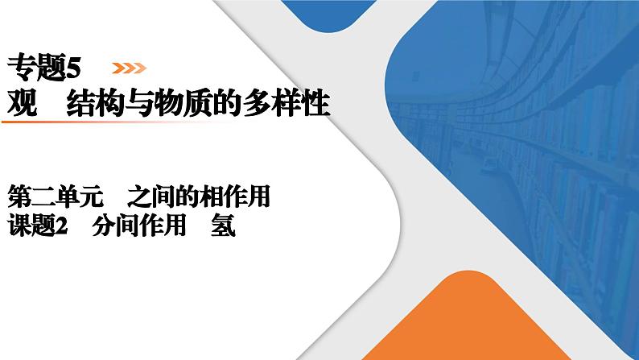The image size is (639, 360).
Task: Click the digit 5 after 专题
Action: pos(73,68)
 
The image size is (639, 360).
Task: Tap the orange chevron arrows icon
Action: pos(130,68)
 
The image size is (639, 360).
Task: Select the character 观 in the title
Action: pos(23,103)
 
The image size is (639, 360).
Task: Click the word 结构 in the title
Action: pos(95,103)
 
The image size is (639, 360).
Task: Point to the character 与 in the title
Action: pos(139,103)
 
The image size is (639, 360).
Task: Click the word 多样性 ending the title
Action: pos(286,103)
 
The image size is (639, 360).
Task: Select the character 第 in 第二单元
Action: pos(19,197)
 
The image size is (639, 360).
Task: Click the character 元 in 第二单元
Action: pos(91,197)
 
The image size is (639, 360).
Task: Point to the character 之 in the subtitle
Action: pos(138,197)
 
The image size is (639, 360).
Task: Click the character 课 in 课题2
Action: pos(19,226)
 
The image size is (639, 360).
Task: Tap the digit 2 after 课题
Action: pos(61,226)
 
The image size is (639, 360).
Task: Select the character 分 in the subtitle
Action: pos(104,226)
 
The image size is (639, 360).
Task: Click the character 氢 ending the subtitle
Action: pos(223,226)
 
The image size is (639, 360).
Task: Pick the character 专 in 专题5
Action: pos(21,68)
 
